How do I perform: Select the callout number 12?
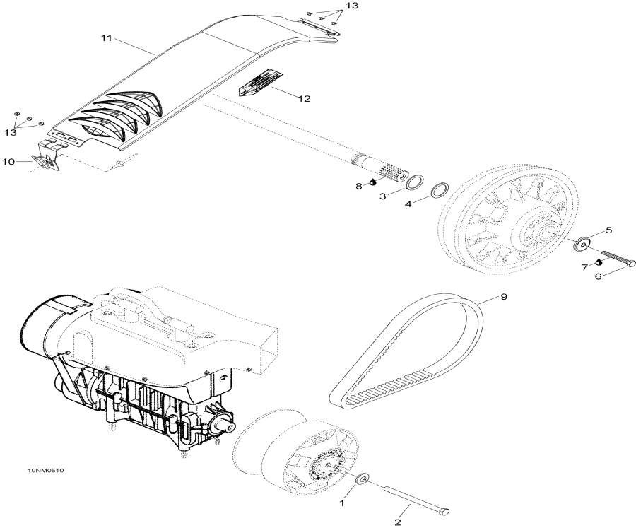[x=304, y=99]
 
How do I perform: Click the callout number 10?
[x=8, y=162]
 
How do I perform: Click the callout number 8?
[x=358, y=186]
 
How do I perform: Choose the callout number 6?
[x=597, y=277]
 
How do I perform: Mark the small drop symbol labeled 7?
[x=598, y=262]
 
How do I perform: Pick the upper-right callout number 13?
[x=351, y=6]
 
